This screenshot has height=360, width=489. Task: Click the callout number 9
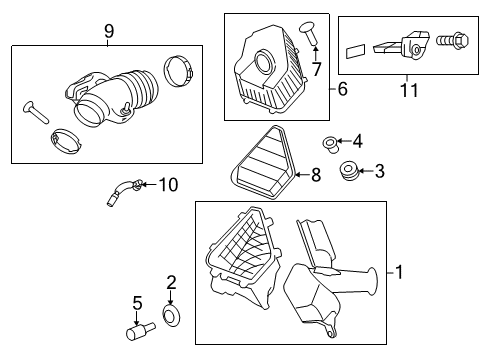pyautogui.click(x=108, y=32)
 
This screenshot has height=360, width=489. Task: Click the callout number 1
pyautogui.click(x=400, y=271)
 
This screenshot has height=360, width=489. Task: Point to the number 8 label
pyautogui.click(x=315, y=175)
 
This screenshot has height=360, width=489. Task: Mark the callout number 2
pyautogui.click(x=171, y=283)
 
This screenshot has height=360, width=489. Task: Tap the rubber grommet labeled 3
pyautogui.click(x=350, y=171)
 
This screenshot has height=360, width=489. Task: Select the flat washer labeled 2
pyautogui.click(x=171, y=317)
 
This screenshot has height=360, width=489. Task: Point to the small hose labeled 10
pyautogui.click(x=125, y=190)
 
